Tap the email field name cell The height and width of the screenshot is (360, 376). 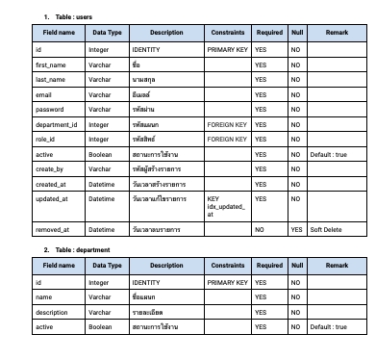[42, 94]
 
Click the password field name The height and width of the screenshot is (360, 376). [49, 110]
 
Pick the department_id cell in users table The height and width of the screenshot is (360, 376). [55, 124]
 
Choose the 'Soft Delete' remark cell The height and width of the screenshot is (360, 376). [325, 230]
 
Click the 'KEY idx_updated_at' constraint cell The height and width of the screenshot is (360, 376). [227, 205]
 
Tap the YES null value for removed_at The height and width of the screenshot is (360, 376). [296, 230]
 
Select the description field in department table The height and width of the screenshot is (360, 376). [52, 313]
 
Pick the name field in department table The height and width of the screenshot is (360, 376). [42, 298]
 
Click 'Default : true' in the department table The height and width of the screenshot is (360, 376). [333, 328]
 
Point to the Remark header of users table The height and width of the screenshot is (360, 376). [337, 32]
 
